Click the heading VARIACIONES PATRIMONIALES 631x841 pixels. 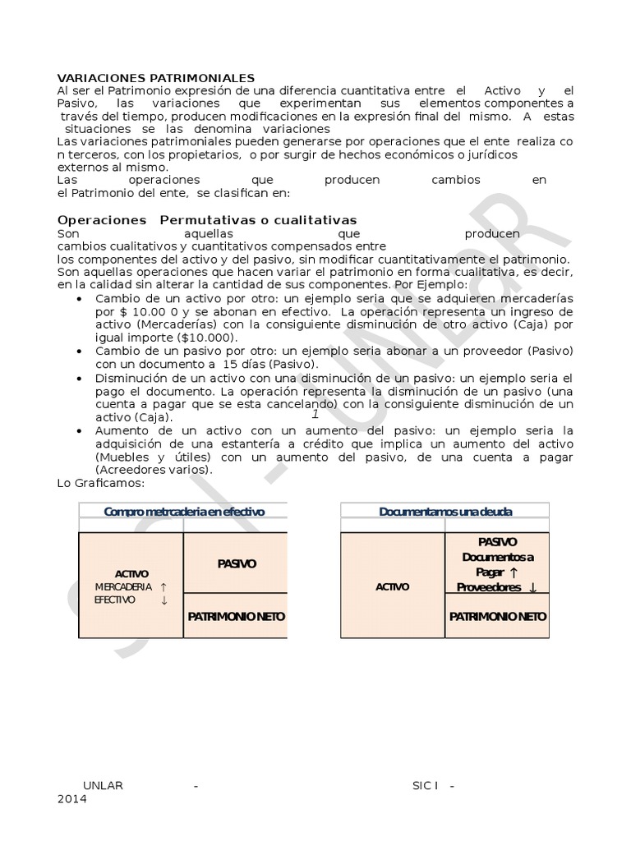(156, 77)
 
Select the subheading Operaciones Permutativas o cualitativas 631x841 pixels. (207, 220)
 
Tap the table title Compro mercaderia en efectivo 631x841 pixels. (184, 512)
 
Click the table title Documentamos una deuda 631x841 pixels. (445, 512)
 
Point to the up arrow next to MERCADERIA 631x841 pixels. (164, 587)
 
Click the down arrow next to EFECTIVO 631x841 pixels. (164, 600)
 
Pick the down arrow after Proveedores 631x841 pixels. (533, 587)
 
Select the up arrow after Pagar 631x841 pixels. (514, 572)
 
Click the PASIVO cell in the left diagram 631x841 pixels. (237, 563)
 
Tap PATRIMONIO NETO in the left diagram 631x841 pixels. (237, 616)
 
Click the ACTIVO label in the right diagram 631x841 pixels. (392, 587)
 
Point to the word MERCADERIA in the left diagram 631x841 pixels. (123, 587)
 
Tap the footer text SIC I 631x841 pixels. (425, 785)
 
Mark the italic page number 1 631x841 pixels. (315, 414)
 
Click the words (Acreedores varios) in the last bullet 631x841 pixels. (154, 470)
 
